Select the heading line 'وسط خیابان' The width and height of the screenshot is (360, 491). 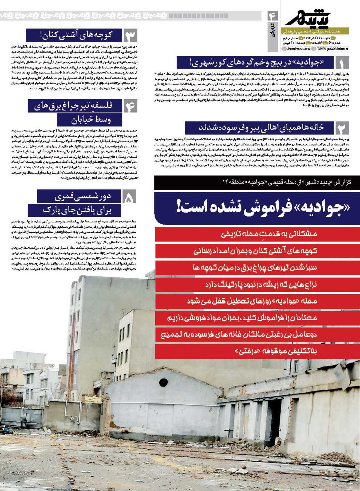90,120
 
